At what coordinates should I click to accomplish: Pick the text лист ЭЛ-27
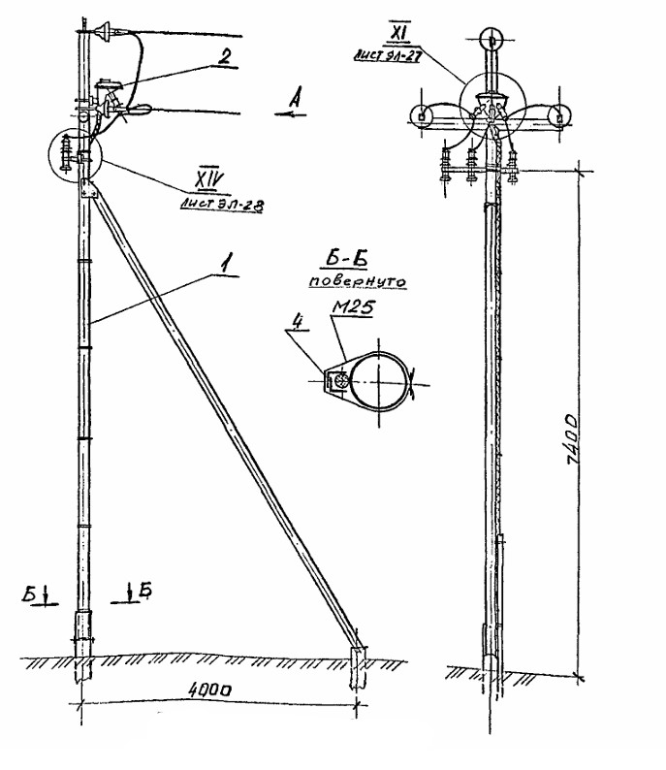tap(391, 57)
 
